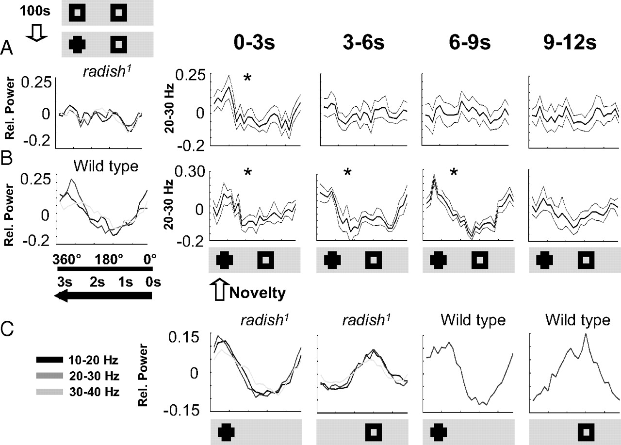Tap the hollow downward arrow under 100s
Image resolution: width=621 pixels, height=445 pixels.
point(35,32)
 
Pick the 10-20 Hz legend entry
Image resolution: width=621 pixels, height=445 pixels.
point(77,360)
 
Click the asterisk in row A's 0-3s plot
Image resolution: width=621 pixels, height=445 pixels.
point(247,78)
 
